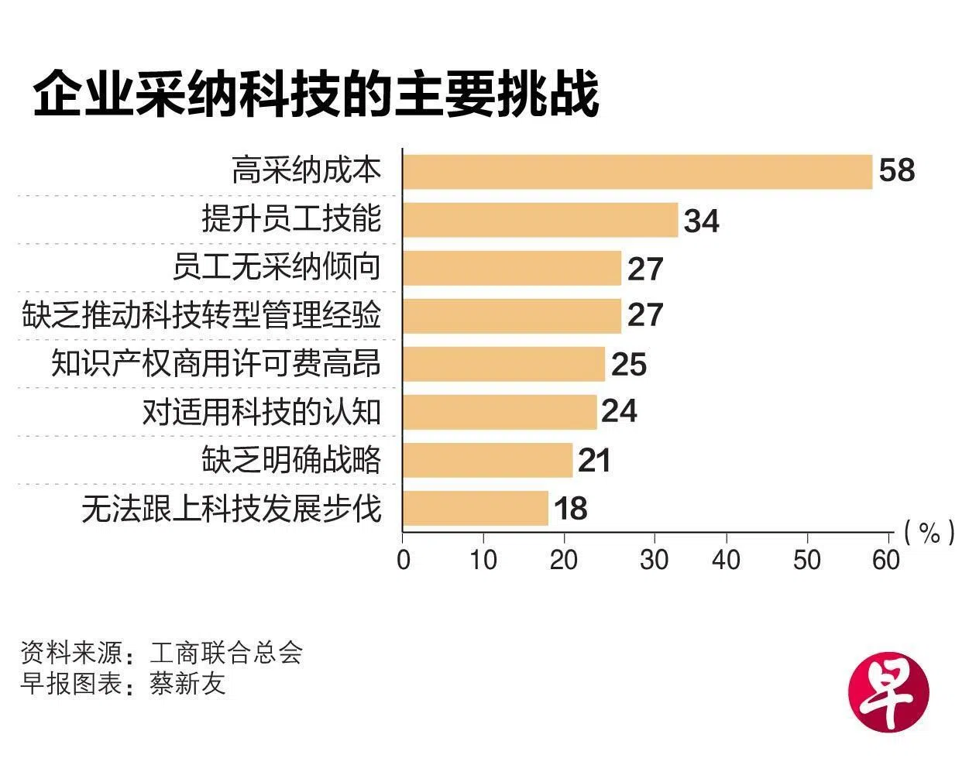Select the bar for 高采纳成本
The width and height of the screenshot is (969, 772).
pos(637,172)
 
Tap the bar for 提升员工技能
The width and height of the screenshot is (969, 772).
pos(541,220)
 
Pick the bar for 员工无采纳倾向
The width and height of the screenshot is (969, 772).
pos(512,268)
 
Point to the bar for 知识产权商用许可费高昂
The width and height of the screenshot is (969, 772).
pos(503,364)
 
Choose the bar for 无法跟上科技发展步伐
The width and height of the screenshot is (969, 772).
pos(476,508)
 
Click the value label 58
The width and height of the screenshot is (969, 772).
pos(897,170)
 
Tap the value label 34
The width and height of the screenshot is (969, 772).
pos(701,221)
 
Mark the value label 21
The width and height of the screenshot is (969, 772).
pos(594,461)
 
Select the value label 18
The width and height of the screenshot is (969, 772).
pos(570,510)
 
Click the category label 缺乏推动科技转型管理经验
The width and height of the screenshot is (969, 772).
pos(201,316)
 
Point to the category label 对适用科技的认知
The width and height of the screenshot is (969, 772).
pos(262,412)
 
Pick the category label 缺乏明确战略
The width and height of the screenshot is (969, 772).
pos(291,460)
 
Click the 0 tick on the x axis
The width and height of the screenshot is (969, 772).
pos(403,560)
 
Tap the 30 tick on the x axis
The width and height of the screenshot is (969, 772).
pos(654,560)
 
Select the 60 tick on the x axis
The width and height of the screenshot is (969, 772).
pos(886,560)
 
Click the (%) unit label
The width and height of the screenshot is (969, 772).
pos(929,533)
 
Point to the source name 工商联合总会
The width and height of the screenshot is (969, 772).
pos(225,653)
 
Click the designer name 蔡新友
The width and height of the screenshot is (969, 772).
pos(187,684)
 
